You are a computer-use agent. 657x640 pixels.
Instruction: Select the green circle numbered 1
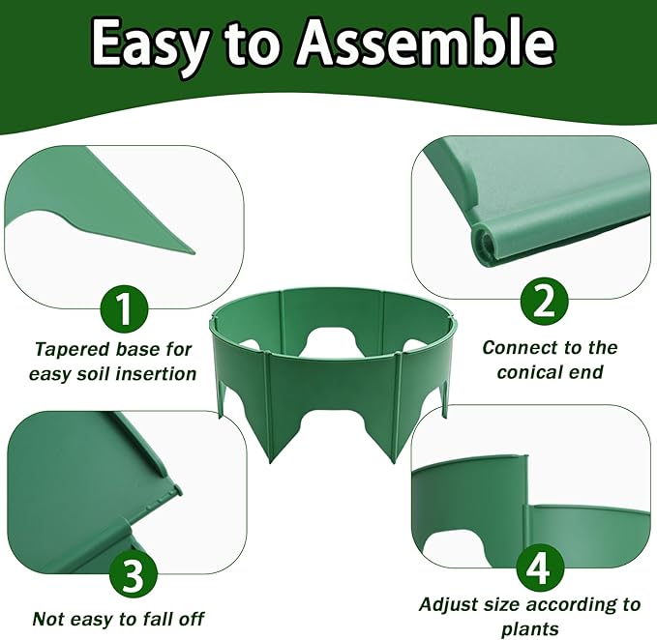[124, 309]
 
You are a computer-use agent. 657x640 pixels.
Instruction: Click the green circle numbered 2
[545, 302]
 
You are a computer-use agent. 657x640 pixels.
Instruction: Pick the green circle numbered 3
[134, 577]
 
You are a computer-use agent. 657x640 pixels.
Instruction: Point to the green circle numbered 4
[540, 568]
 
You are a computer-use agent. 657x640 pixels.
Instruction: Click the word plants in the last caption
[530, 629]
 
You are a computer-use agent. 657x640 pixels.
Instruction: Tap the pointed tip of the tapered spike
[194, 253]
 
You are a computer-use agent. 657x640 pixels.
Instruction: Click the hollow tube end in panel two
[484, 244]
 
